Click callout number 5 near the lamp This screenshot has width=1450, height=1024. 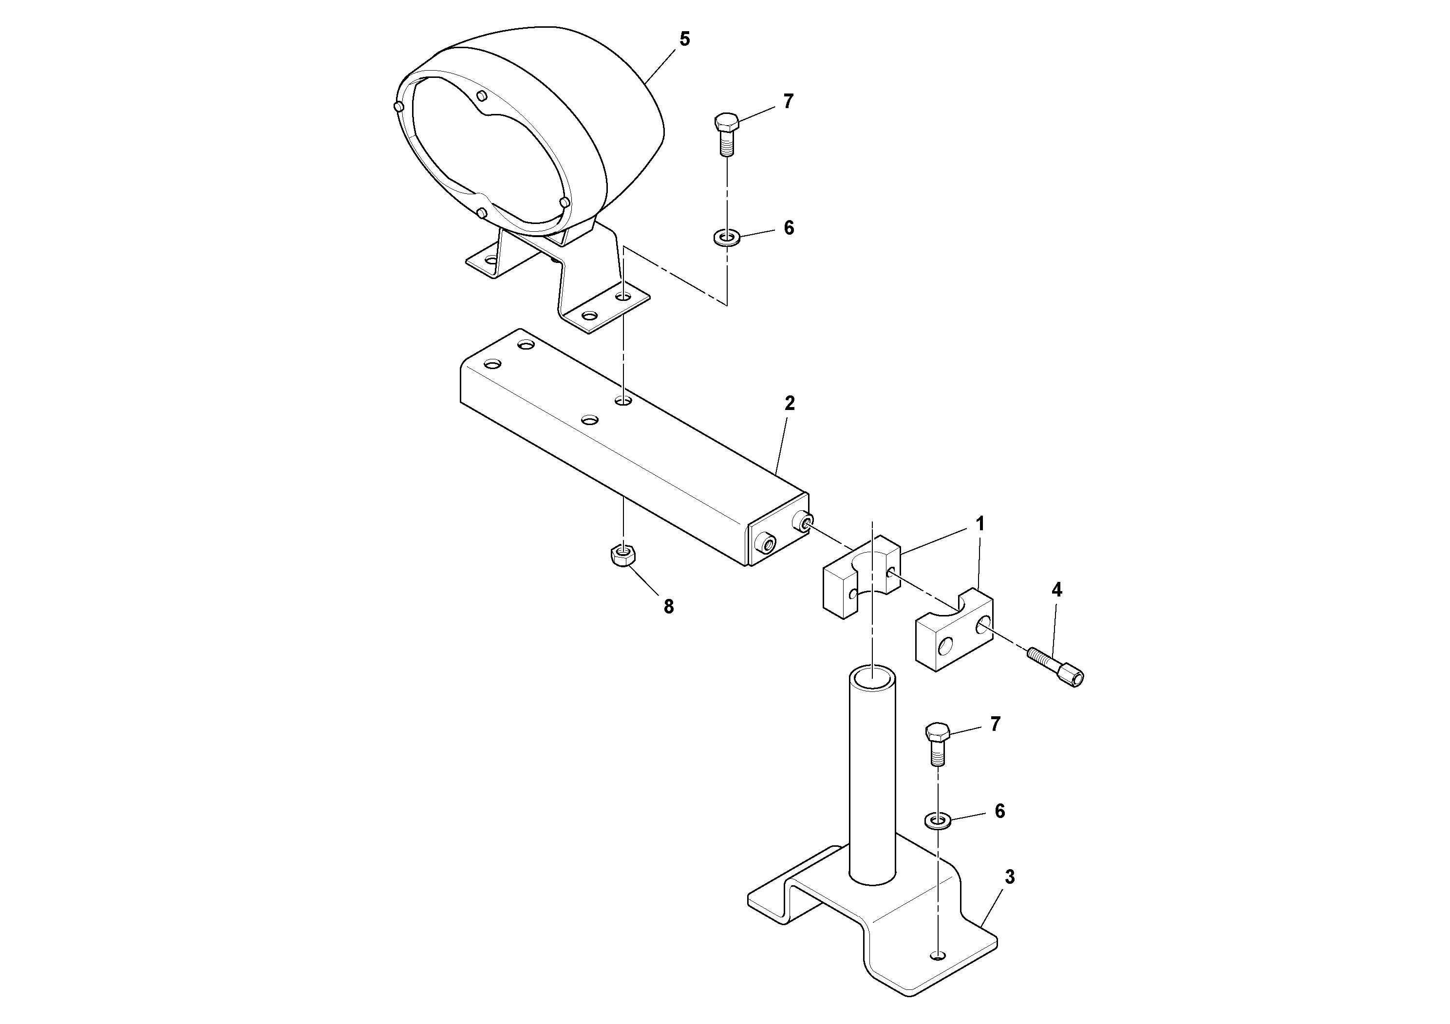(685, 39)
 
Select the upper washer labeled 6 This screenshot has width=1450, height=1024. (726, 238)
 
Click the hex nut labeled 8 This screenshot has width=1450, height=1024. (624, 556)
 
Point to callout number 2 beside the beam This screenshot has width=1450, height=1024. (790, 403)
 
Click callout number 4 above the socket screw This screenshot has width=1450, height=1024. (1056, 590)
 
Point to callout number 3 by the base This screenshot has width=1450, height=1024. (1009, 877)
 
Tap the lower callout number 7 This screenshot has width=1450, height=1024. (995, 724)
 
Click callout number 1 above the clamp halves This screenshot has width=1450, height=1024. (979, 524)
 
